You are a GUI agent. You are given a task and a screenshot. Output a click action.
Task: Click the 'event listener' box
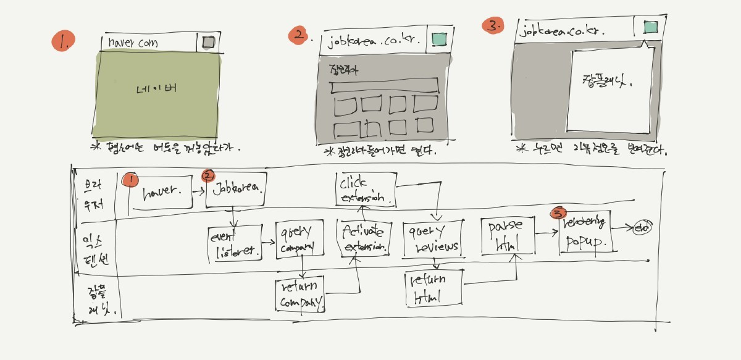235,244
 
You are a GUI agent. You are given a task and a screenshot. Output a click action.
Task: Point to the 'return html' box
434,288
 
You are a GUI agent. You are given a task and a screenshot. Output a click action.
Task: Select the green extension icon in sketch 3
650,27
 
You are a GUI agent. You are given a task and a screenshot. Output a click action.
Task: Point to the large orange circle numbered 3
492,27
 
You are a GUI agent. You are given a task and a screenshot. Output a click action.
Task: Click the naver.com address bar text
133,43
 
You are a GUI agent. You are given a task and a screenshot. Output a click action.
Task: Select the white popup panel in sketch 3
609,90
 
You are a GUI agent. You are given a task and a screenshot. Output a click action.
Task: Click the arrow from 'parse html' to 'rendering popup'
546,233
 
